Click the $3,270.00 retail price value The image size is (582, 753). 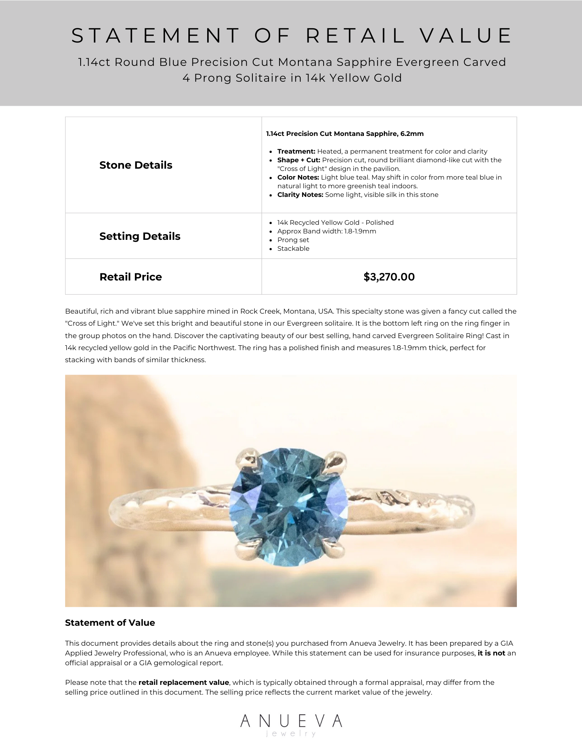click(389, 277)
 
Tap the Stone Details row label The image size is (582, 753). click(136, 165)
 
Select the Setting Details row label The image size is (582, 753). click(140, 236)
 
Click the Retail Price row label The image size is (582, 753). click(130, 277)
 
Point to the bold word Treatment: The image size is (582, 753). click(296, 151)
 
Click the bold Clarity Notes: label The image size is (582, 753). click(300, 195)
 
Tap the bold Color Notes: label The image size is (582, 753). click(298, 177)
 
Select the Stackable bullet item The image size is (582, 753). click(293, 248)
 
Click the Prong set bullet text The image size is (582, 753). click(293, 240)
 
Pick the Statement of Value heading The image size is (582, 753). click(110, 623)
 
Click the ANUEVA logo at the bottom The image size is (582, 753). click(291, 721)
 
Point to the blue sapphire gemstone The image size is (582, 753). click(288, 506)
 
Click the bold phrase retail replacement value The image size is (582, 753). click(183, 683)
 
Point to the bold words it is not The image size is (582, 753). click(491, 653)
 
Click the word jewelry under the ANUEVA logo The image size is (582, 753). click(291, 733)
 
